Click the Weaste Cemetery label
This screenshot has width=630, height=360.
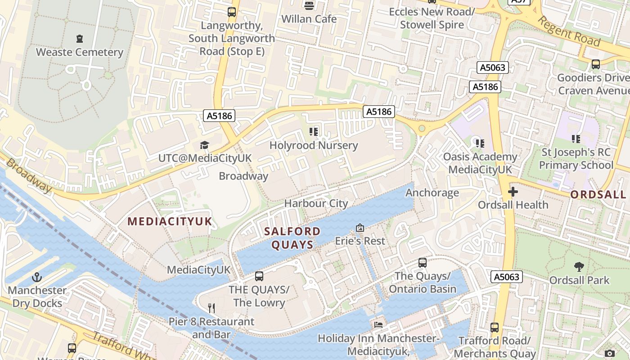(80, 52)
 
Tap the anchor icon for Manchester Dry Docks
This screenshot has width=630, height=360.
(37, 277)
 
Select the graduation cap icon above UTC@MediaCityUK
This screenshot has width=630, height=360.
(205, 145)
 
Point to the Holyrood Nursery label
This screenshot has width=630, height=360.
(314, 145)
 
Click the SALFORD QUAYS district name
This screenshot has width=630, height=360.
(292, 238)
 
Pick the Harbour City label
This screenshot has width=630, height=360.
(316, 203)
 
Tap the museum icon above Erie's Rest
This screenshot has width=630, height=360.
(360, 228)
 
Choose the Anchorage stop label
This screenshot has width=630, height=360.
(432, 193)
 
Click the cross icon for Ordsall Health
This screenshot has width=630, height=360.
(513, 192)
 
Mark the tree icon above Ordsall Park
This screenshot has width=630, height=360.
(579, 267)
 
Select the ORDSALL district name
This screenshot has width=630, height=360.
(598, 194)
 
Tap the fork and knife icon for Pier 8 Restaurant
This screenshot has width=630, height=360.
(211, 308)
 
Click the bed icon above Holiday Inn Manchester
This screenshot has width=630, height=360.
(378, 324)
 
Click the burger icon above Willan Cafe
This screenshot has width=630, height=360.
(309, 6)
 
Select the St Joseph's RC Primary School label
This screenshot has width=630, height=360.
(576, 158)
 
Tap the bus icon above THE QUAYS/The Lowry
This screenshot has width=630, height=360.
(259, 276)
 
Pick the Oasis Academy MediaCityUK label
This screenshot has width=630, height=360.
(480, 163)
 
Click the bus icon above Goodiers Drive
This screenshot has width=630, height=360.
(596, 64)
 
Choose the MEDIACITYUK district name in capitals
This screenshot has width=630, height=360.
(170, 221)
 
